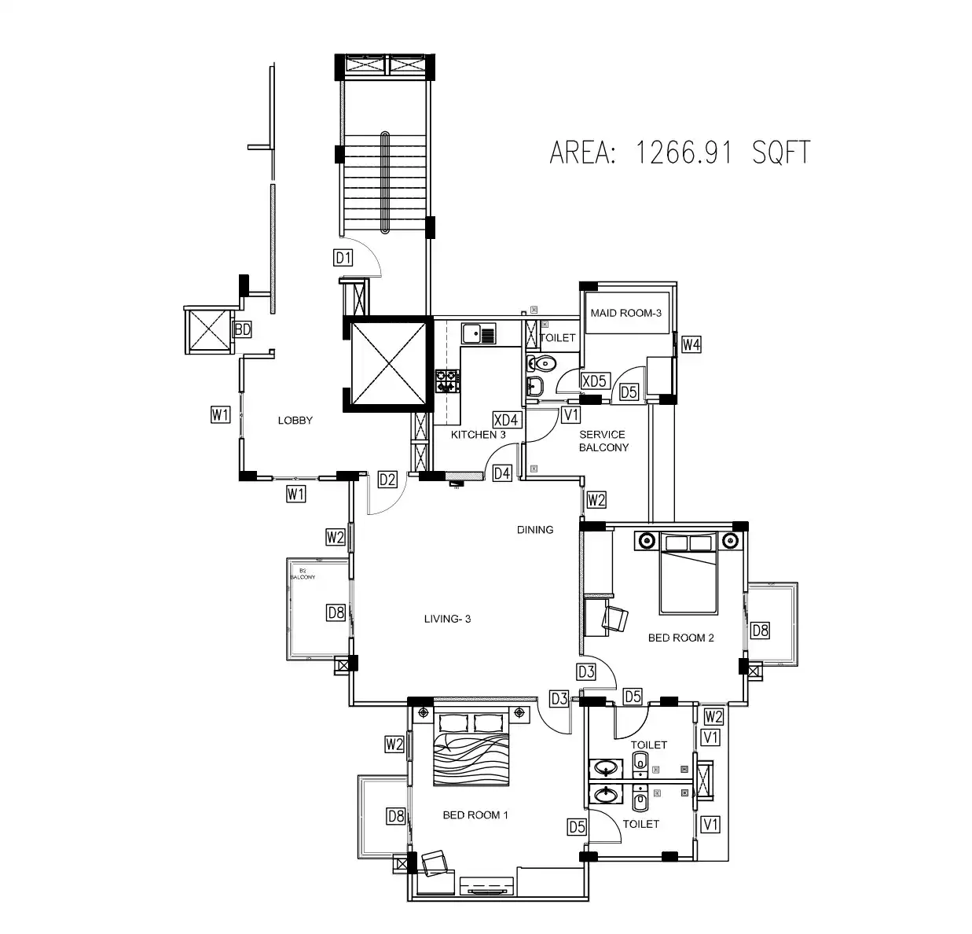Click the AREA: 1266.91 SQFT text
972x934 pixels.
pos(679,152)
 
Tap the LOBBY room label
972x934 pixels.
pos(295,421)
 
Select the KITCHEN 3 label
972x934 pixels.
pos(478,435)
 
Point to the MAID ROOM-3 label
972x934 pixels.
pos(626,313)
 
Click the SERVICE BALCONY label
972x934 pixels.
pos(603,441)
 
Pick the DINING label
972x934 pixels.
pos(534,530)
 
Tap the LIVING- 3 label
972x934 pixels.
pos(447,619)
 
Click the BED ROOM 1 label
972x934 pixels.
pos(475,815)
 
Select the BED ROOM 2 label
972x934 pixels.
pos(680,638)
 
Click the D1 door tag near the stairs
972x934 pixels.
pos(343,257)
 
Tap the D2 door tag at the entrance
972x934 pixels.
pos(387,479)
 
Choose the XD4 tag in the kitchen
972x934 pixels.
pos(505,420)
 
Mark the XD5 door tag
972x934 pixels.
pos(594,381)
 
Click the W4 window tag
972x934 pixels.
pos(691,344)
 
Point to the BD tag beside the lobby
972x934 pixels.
pos(242,329)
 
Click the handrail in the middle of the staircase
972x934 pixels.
pos(384,182)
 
